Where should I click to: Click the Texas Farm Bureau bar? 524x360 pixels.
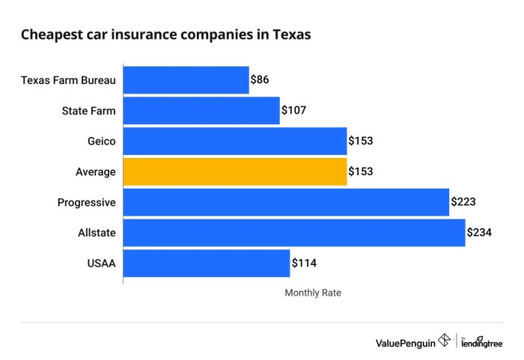[186, 80]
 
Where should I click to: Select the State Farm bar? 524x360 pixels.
[201, 111]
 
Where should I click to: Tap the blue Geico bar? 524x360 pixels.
[234, 141]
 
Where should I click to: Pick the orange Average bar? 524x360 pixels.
[234, 171]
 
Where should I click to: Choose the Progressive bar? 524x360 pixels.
[286, 202]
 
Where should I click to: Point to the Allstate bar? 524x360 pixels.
[294, 233]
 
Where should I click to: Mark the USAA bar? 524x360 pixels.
[207, 263]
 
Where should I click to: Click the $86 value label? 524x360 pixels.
[260, 80]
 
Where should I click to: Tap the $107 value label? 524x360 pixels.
[293, 111]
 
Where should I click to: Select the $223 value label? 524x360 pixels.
[463, 202]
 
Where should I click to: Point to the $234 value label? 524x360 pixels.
[479, 233]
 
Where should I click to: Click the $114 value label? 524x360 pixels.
[304, 263]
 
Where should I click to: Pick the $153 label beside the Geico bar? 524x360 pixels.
[360, 141]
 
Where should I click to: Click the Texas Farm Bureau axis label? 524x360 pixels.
[68, 80]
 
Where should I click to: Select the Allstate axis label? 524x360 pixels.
[97, 233]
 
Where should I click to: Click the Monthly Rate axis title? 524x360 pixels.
[313, 293]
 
